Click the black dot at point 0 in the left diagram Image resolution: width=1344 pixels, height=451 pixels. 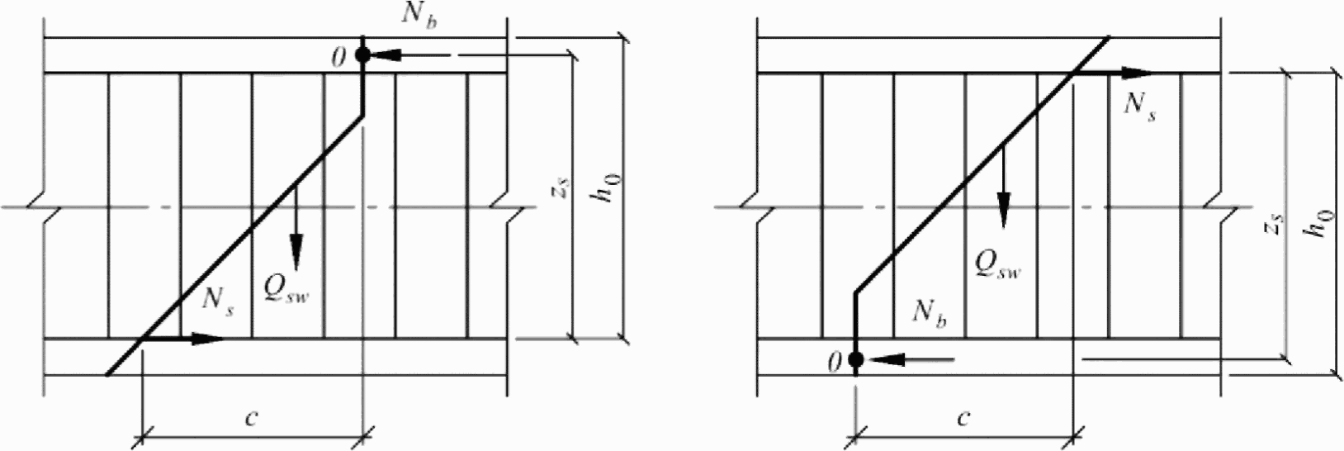[x=362, y=55]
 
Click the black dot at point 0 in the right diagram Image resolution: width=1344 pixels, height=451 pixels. [x=856, y=359]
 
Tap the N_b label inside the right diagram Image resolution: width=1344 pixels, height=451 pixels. [x=929, y=312]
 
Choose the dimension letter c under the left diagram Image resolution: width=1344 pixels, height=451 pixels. [x=252, y=417]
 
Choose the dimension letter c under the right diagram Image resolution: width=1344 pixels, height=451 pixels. [x=963, y=417]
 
